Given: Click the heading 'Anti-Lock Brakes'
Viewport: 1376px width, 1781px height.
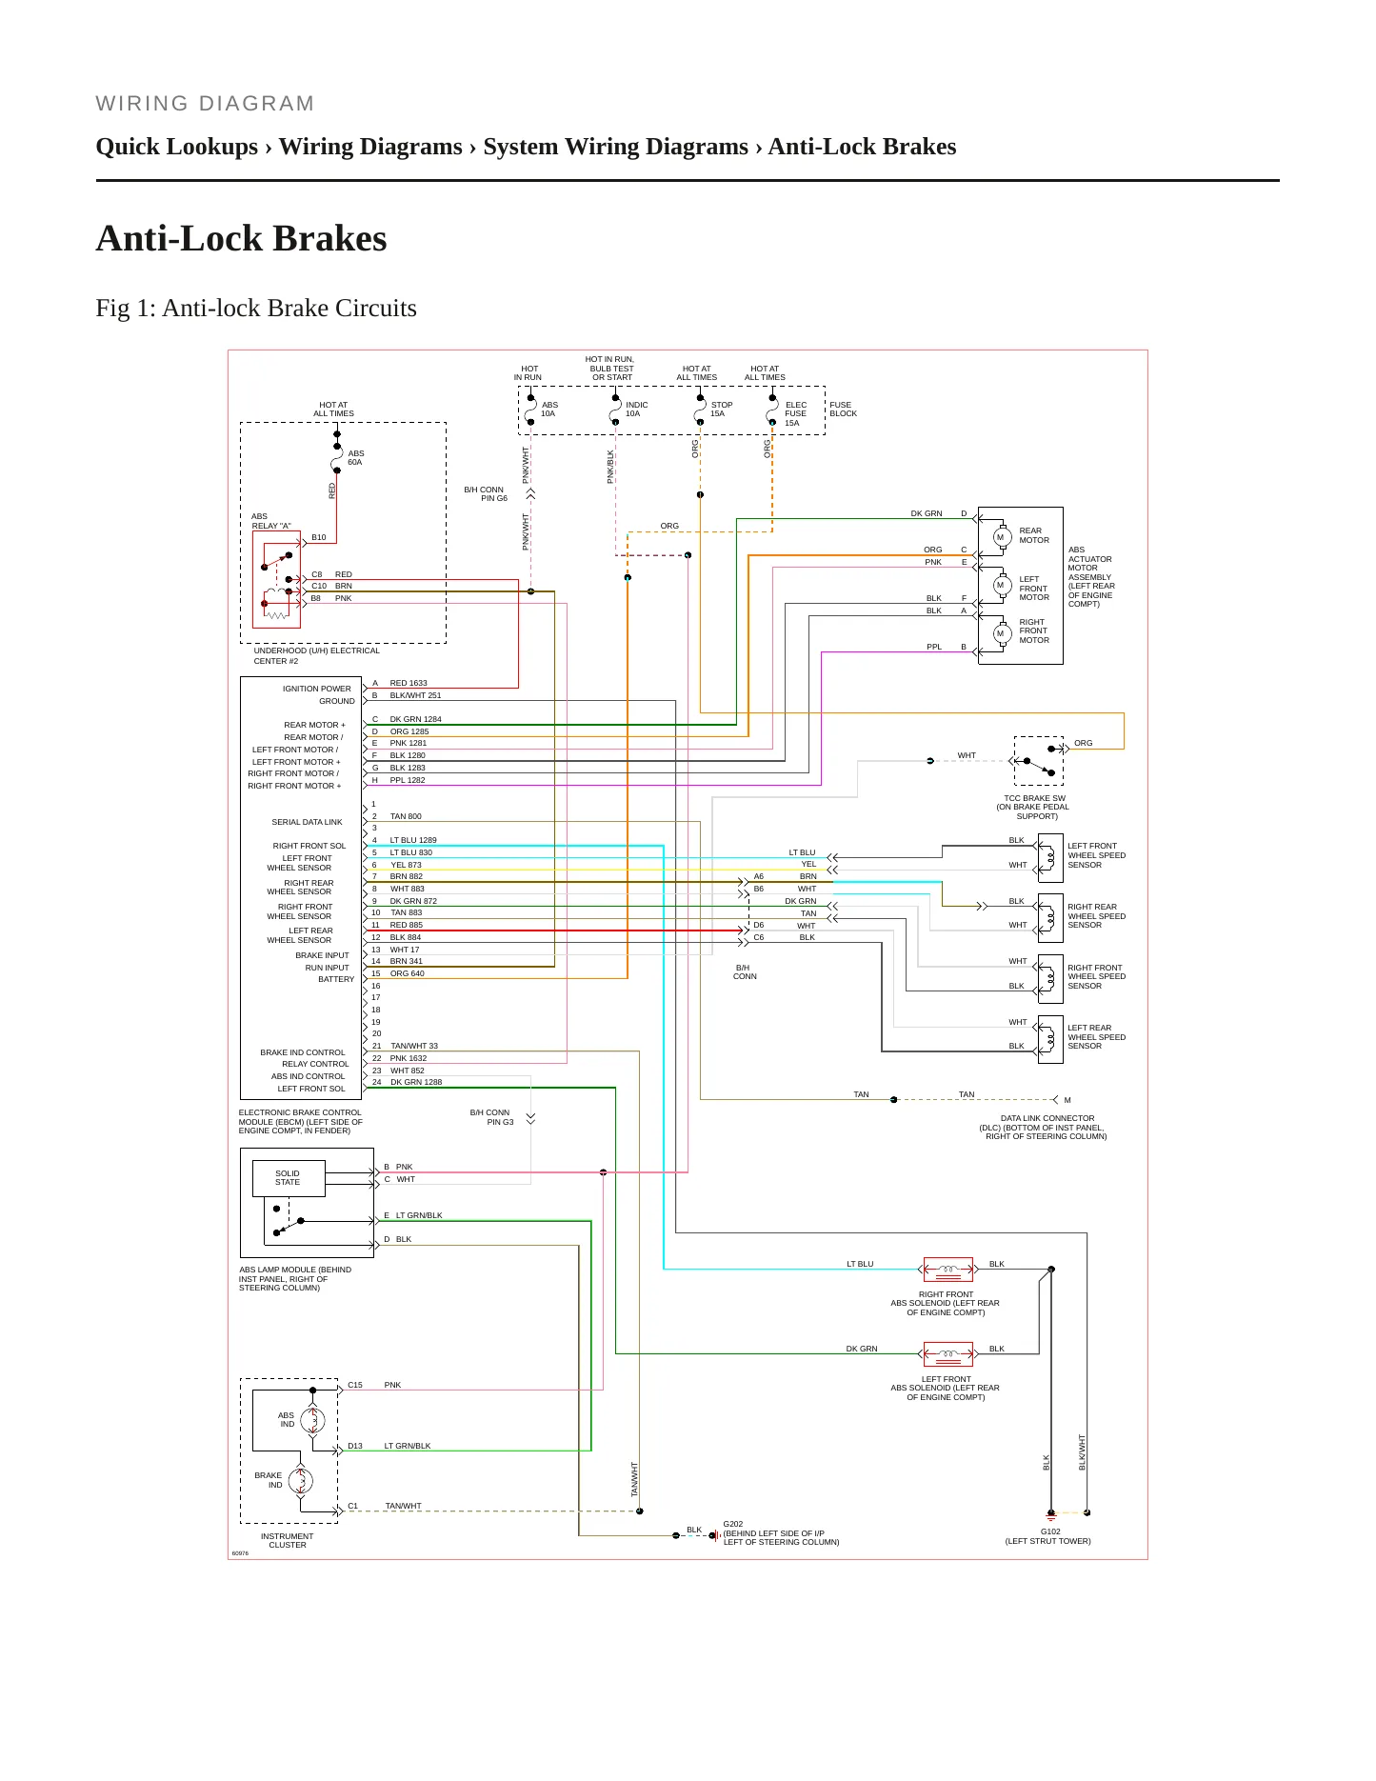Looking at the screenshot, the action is click(x=241, y=238).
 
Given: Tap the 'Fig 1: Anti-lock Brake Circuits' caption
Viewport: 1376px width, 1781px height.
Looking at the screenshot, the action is click(x=256, y=309).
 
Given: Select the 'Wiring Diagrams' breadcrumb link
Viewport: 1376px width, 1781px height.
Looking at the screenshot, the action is click(x=370, y=147).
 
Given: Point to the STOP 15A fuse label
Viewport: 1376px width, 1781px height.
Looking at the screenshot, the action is click(x=722, y=410).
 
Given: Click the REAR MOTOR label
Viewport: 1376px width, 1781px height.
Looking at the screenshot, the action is click(x=1034, y=535).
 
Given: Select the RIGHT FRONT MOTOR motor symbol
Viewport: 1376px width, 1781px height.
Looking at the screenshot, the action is click(x=1000, y=633).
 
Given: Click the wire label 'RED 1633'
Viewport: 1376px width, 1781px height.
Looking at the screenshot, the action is click(x=409, y=683).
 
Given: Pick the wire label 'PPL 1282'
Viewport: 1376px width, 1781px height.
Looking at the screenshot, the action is click(x=408, y=780).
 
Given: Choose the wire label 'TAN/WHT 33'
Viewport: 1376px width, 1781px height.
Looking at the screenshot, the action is click(x=414, y=1046).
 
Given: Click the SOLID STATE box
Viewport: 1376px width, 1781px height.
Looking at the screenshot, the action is click(x=289, y=1178).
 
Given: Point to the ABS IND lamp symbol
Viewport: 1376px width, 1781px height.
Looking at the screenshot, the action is click(x=313, y=1421).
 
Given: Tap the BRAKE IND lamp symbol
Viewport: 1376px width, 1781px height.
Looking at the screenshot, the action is click(x=301, y=1481).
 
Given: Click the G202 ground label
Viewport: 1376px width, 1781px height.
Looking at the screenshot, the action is click(x=733, y=1524).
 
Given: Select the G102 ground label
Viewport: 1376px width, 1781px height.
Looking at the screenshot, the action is click(x=1050, y=1531).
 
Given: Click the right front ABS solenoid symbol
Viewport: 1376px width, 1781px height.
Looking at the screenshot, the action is click(x=947, y=1270).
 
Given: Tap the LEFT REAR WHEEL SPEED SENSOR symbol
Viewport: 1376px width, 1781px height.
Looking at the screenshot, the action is click(x=1049, y=1039).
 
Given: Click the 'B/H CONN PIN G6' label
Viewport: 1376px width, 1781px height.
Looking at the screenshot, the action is click(x=486, y=494).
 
